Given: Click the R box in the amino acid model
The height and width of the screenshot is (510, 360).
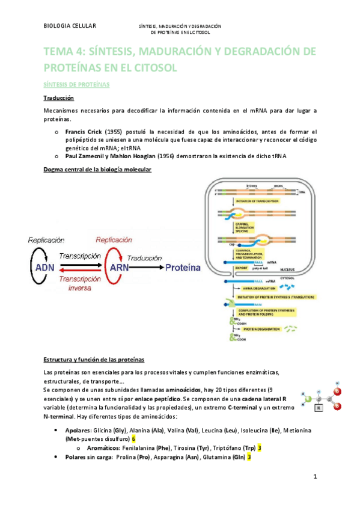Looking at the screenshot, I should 319,407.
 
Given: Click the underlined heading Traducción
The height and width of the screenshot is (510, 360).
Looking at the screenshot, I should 58,97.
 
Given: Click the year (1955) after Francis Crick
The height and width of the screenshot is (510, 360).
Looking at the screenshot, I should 114,131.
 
